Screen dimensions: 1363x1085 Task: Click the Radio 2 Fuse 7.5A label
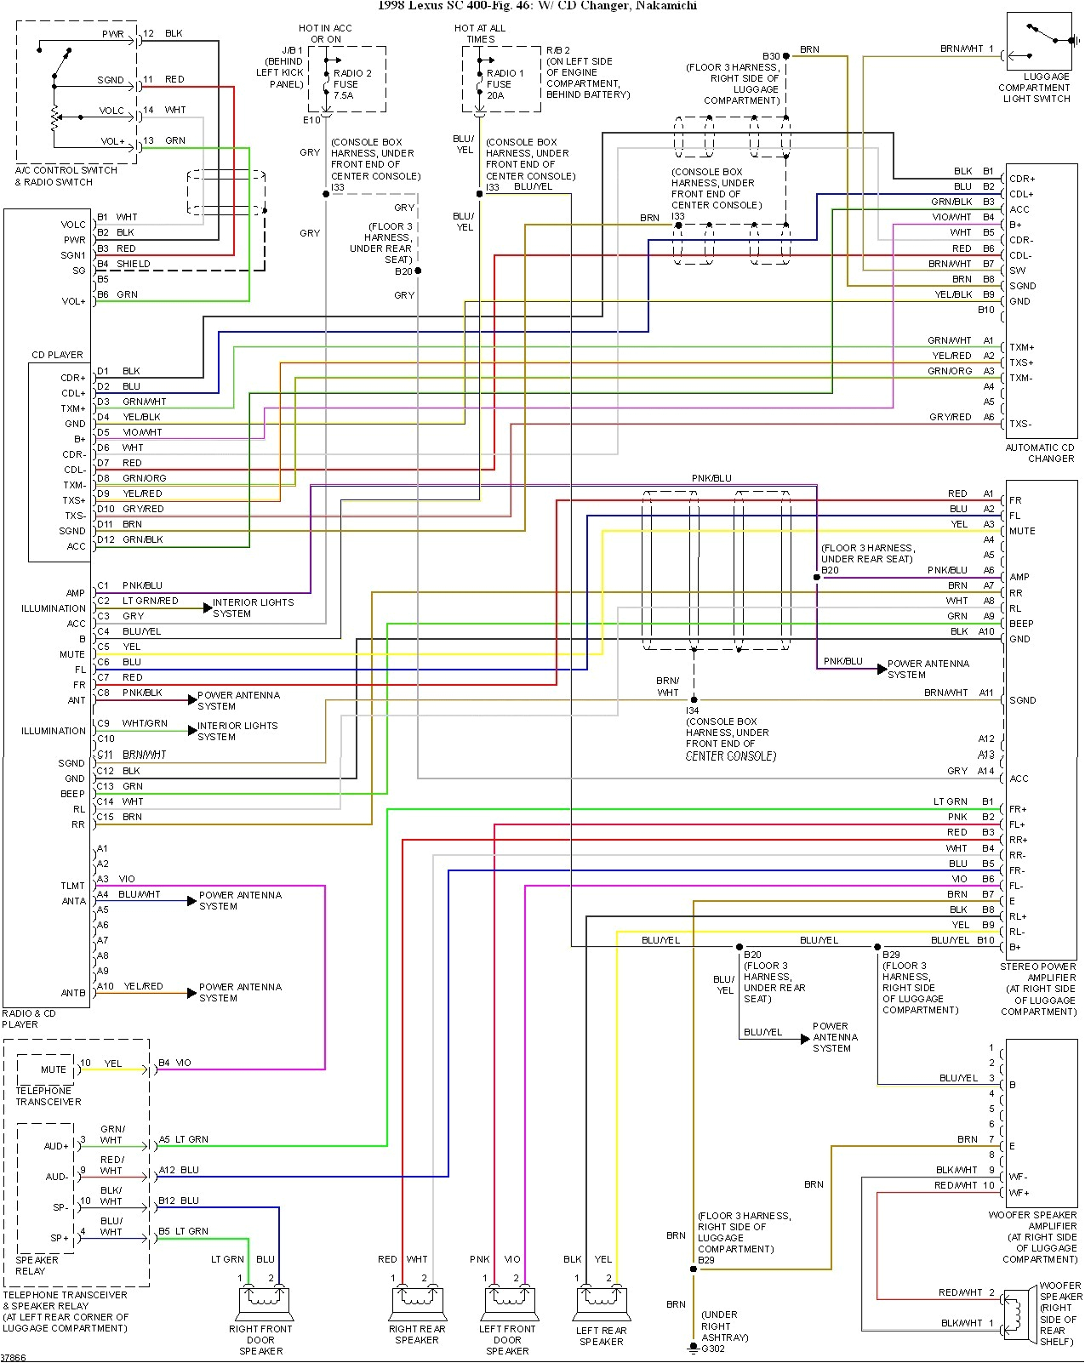[351, 84]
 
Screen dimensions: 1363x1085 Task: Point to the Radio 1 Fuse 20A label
[505, 84]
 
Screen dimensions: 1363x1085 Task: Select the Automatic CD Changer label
[1039, 453]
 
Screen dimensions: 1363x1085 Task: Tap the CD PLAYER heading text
[57, 355]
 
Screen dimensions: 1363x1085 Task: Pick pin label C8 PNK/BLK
[129, 693]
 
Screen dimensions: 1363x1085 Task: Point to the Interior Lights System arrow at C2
[207, 607]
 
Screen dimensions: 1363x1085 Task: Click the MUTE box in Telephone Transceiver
[53, 1069]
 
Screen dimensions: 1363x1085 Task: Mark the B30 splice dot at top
[786, 56]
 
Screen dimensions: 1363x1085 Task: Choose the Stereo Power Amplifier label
[1039, 989]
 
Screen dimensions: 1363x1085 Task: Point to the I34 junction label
[693, 710]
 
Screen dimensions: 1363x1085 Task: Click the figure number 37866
[14, 1357]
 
